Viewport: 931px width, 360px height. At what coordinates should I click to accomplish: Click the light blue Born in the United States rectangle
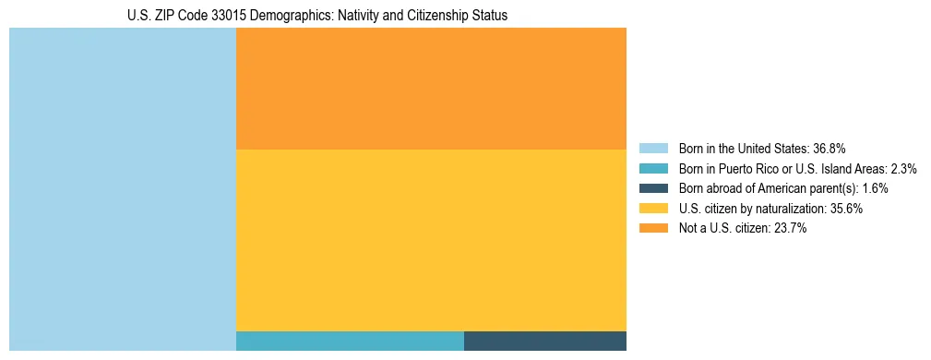pos(123,189)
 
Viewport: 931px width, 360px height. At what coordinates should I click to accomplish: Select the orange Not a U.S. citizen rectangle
pos(431,89)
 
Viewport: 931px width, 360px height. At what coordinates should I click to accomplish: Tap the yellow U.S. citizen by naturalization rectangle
pos(431,240)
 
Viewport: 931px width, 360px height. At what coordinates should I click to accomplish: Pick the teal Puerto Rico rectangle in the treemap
pos(350,341)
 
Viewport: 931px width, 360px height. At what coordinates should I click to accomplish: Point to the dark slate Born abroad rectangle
pos(544,341)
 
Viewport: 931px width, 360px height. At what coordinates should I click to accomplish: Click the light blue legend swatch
pos(653,148)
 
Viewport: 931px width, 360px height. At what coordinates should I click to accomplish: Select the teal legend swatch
pos(653,168)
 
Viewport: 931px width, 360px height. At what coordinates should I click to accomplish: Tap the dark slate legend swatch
pos(653,188)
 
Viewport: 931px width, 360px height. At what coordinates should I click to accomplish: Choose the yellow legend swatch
pos(653,209)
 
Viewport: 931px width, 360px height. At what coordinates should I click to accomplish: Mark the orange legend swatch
pos(653,229)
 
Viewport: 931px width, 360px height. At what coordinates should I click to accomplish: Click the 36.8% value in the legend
pos(829,148)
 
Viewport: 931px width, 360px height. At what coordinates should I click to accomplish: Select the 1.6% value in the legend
pos(875,188)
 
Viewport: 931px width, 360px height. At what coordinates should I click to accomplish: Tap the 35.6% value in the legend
pos(845,209)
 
